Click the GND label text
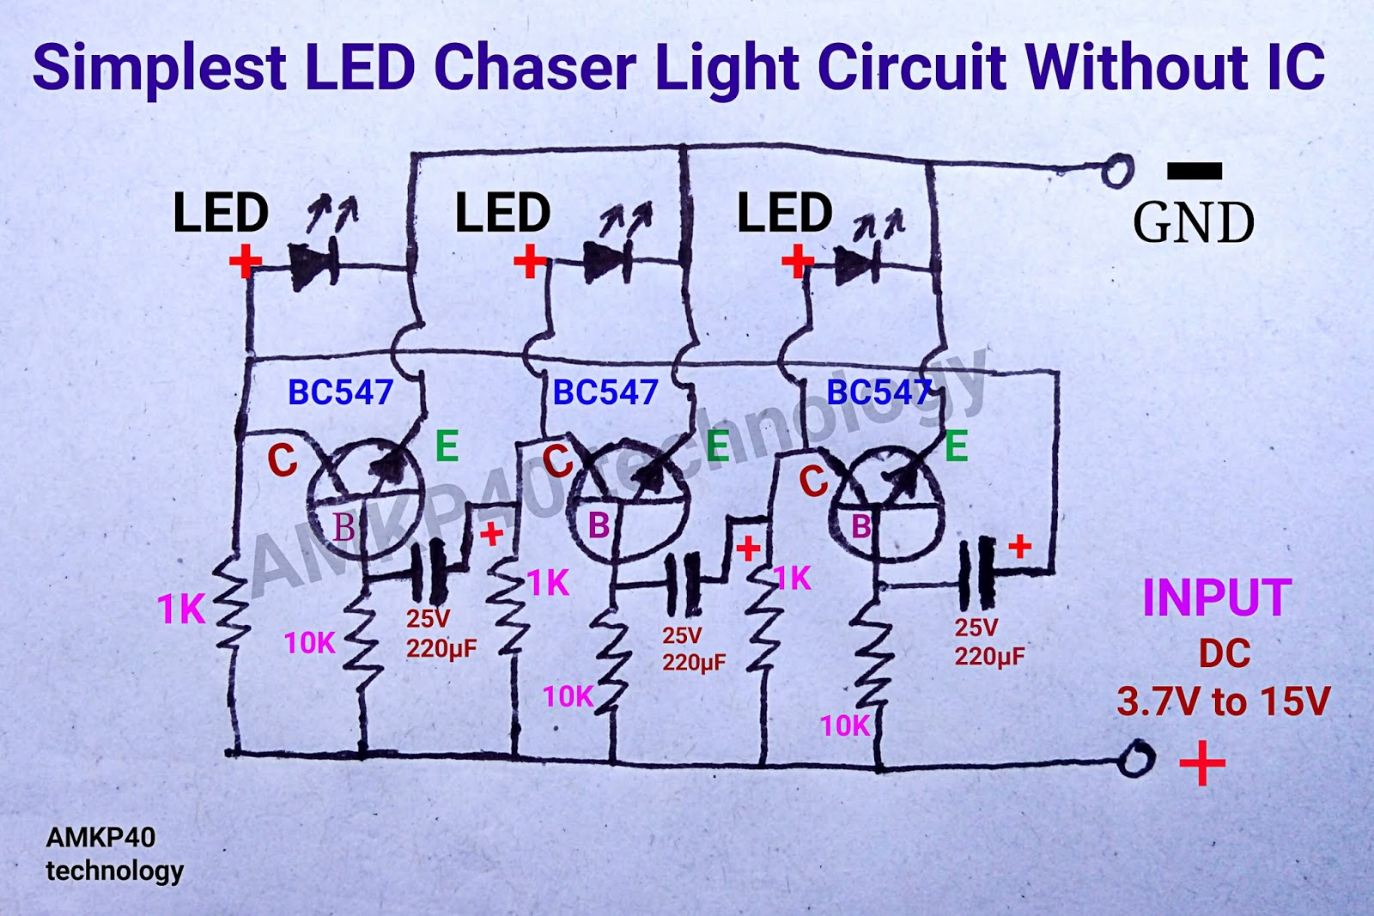coord(1193,223)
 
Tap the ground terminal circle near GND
coord(1117,170)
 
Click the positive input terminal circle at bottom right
coord(1136,759)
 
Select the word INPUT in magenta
coord(1216,598)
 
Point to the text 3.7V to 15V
coord(1223,701)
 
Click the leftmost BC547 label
coord(340,392)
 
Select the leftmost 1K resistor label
coord(181,610)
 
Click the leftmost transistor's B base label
coord(343,527)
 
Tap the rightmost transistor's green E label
coord(956,447)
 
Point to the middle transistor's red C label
coord(557,463)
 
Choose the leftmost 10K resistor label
coord(309,643)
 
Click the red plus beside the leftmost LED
coord(245,261)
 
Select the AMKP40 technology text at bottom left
coord(113,854)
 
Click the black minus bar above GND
coord(1194,171)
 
